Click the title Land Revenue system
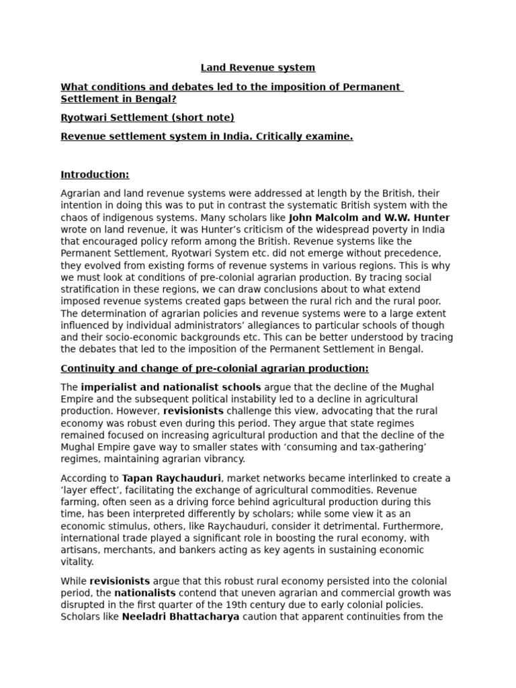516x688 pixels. [x=258, y=68]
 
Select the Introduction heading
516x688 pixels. [x=95, y=175]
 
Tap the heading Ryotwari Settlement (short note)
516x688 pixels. [x=147, y=118]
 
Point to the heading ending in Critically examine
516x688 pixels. [x=206, y=136]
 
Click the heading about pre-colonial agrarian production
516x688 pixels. [x=214, y=369]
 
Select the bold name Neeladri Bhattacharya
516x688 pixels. [x=180, y=617]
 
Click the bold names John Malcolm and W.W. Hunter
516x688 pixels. [x=369, y=218]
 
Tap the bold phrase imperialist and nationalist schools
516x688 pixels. [x=171, y=388]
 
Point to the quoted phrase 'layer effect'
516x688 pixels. [x=89, y=490]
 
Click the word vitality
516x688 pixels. [x=77, y=562]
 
